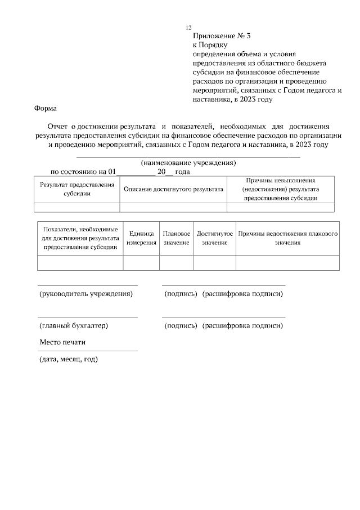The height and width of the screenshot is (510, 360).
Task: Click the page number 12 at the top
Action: pos(188,28)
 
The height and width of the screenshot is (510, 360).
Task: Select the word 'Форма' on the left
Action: pos(46,108)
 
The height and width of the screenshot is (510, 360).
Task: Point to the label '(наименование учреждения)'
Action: pos(188,163)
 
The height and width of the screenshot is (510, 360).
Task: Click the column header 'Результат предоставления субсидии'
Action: pos(77,189)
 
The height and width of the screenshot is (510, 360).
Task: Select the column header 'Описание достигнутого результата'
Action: pos(173,189)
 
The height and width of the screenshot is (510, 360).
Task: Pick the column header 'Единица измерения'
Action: pos(141,238)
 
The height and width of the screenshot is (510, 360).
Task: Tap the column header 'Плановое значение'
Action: pos(176,238)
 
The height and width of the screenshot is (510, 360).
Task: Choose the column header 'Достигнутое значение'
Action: pos(215,238)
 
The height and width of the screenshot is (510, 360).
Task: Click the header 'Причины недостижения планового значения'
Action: pos(287,238)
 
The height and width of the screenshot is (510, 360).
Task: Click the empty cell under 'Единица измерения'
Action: pos(141,263)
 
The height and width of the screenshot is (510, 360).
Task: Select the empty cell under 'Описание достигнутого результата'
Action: pos(173,207)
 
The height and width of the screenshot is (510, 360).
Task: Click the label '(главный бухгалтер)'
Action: pos(73,325)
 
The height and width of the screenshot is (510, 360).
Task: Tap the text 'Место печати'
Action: pos(62,342)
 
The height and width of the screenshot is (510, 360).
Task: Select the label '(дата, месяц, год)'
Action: pos(69,359)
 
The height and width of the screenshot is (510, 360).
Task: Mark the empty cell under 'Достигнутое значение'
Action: pos(215,263)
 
